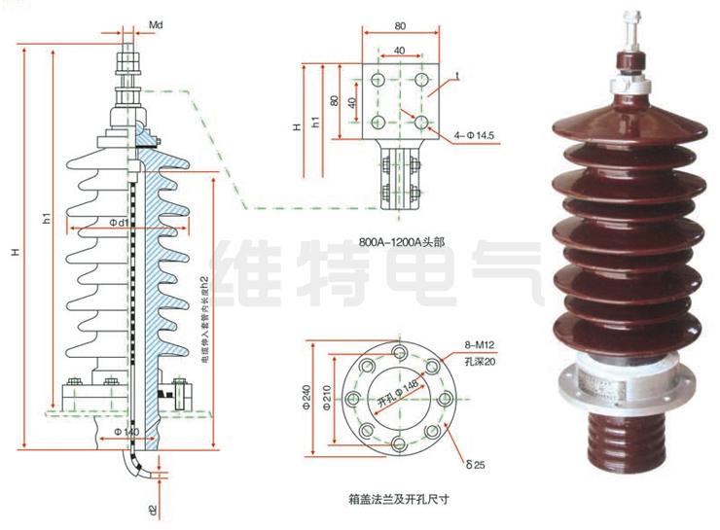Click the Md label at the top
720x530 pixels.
(156, 21)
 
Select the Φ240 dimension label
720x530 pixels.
(307, 397)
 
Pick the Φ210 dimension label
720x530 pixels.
(329, 397)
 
